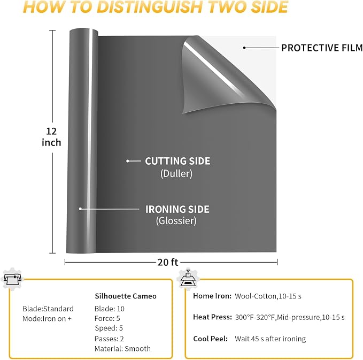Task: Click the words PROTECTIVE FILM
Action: [322, 48]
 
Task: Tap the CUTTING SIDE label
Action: [177, 161]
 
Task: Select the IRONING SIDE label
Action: [177, 209]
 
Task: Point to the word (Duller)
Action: [176, 173]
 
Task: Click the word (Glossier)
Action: [176, 220]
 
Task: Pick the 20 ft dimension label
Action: [168, 262]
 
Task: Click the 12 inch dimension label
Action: [51, 137]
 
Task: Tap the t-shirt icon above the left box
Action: [12, 279]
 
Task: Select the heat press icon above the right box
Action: [188, 278]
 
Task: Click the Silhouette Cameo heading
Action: [126, 296]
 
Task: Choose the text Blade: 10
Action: [110, 309]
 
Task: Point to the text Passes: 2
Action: [109, 339]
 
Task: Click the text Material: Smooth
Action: [123, 349]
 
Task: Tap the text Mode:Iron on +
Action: [47, 319]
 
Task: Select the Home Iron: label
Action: [212, 296]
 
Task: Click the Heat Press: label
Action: [213, 317]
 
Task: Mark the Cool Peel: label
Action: [211, 339]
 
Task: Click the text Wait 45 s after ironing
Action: [271, 339]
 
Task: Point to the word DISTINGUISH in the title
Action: [150, 7]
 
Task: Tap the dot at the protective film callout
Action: [244, 48]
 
